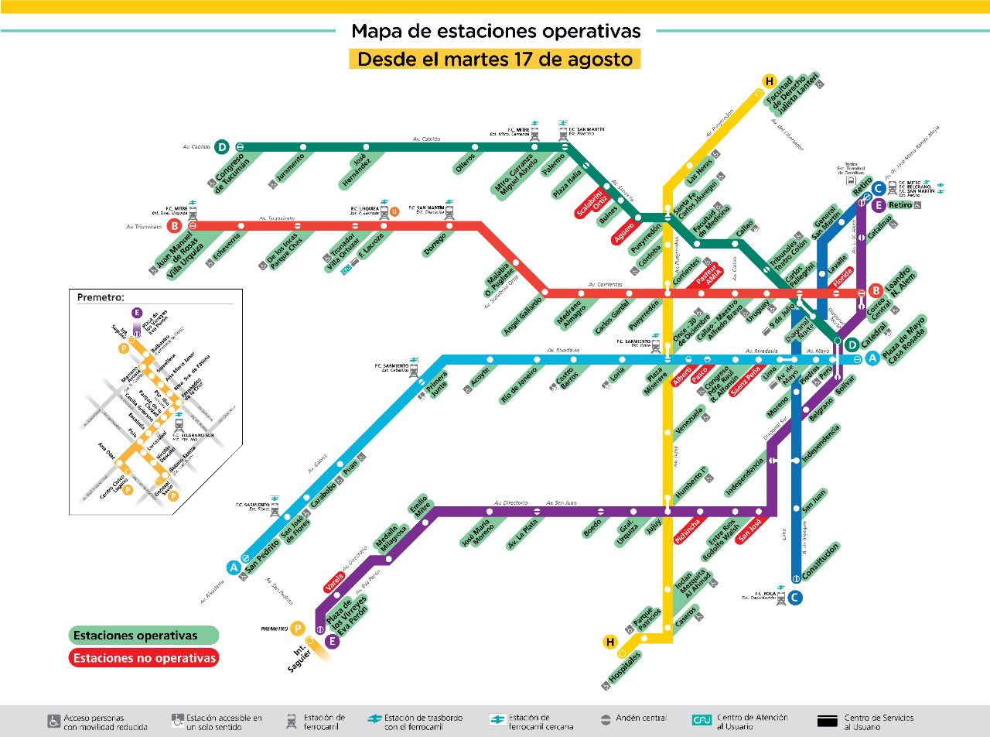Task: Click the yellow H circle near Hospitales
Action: click(x=610, y=642)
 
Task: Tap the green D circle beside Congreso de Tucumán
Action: click(x=222, y=146)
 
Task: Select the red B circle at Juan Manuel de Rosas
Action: click(x=175, y=226)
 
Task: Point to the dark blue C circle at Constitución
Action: click(x=795, y=597)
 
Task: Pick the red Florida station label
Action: click(x=843, y=277)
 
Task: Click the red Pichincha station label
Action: click(x=687, y=530)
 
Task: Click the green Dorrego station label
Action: click(x=435, y=245)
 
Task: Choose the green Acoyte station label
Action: click(x=480, y=375)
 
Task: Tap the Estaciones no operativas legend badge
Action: click(x=144, y=658)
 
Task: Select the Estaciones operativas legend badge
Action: click(x=144, y=636)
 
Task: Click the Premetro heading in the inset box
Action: click(x=101, y=297)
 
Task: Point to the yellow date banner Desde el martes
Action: click(x=495, y=59)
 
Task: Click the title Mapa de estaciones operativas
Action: click(x=496, y=31)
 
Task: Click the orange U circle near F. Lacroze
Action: click(x=394, y=211)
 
